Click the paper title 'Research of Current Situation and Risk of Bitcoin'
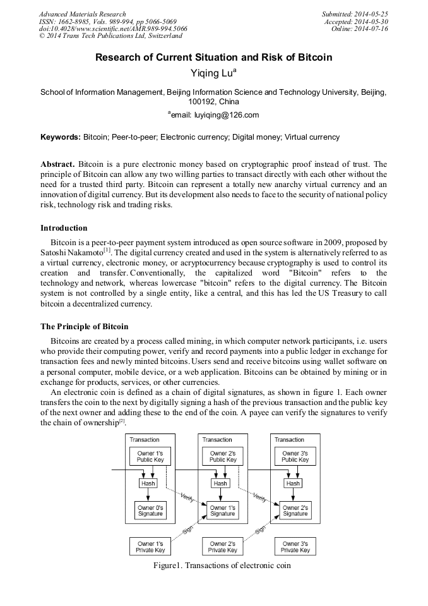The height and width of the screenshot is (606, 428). [x=213, y=58]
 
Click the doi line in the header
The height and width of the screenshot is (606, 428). [x=113, y=29]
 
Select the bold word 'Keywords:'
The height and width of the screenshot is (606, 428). [x=61, y=137]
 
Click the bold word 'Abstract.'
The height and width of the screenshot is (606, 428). [x=57, y=164]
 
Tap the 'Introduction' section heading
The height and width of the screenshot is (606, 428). [x=64, y=228]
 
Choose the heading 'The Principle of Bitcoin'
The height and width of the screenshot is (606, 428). [x=84, y=327]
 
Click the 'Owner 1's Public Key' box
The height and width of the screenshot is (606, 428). [x=150, y=457]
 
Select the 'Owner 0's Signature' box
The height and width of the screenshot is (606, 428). [x=150, y=511]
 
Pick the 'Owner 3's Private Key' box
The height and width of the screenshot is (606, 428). [x=295, y=547]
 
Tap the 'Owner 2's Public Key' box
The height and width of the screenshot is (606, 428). [x=223, y=457]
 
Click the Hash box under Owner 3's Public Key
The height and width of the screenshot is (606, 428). [x=294, y=483]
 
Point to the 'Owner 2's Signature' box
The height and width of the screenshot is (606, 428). [x=295, y=511]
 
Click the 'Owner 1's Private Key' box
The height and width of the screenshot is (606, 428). [x=150, y=547]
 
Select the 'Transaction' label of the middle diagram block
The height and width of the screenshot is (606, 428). [x=217, y=440]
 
